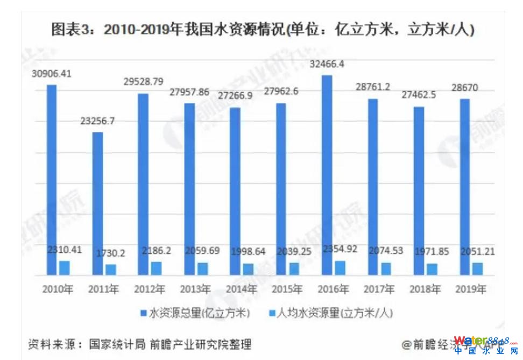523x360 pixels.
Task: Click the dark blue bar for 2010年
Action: point(51,180)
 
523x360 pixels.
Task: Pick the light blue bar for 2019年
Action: point(478,269)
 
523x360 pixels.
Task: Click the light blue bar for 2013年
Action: point(202,269)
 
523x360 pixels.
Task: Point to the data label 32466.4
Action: point(327,65)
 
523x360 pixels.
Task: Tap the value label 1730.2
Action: point(110,252)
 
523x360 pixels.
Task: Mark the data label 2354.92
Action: point(341,250)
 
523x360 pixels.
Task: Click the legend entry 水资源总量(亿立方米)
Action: point(197,312)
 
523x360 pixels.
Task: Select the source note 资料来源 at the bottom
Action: point(139,343)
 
